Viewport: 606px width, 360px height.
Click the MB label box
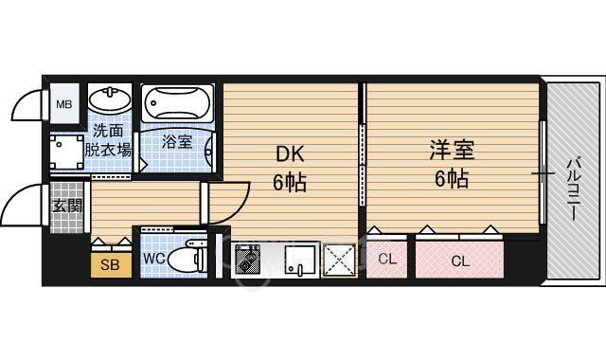point(65,104)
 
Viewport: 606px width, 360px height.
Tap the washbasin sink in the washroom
point(110,99)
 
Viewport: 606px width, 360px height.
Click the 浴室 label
point(176,142)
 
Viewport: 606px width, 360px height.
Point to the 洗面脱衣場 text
point(109,140)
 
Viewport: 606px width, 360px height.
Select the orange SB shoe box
point(111,264)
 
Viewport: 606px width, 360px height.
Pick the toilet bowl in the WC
point(193,257)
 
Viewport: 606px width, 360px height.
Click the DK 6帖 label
point(290,168)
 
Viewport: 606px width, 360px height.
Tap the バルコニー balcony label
point(573,189)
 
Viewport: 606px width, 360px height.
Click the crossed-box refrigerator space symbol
point(338,260)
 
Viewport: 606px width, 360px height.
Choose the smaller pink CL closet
point(387,260)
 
